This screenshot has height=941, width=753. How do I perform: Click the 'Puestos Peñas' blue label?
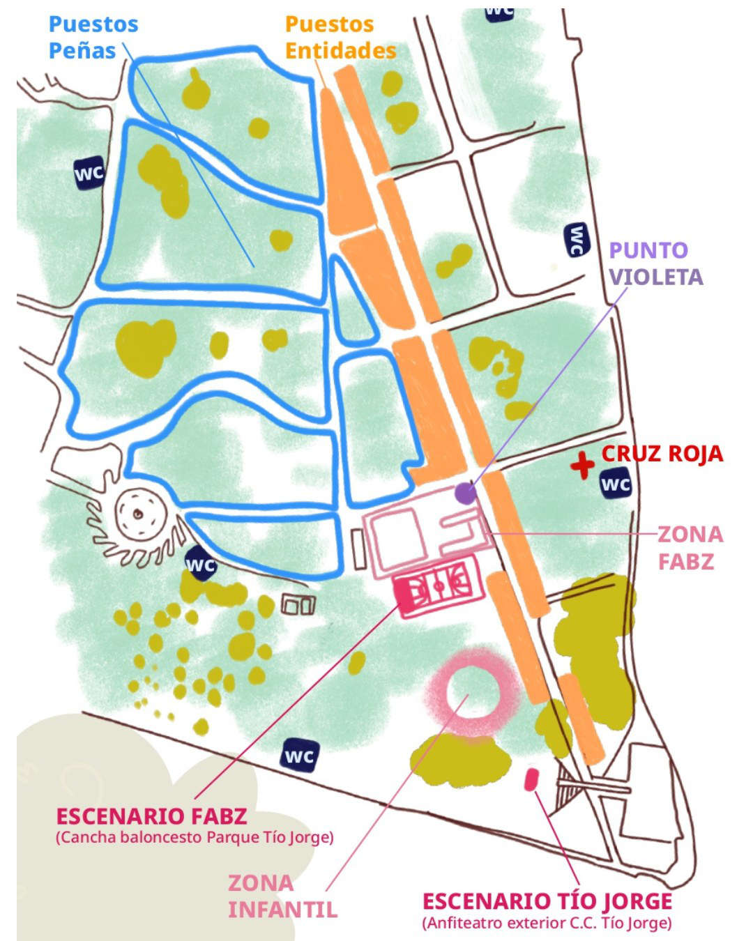click(x=93, y=38)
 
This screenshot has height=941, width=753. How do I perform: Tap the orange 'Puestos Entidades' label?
click(x=340, y=38)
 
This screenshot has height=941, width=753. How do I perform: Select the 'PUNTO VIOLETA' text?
click(x=655, y=263)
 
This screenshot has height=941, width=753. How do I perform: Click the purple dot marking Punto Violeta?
click(x=465, y=493)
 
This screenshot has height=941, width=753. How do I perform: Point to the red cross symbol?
click(x=581, y=465)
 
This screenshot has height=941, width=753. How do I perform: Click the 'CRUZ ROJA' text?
click(x=662, y=454)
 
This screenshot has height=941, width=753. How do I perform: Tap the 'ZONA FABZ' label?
click(x=690, y=548)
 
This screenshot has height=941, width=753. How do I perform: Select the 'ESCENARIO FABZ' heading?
click(x=151, y=816)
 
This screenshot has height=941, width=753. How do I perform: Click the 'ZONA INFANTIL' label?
click(x=282, y=896)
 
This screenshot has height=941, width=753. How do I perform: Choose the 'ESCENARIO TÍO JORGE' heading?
click(x=547, y=901)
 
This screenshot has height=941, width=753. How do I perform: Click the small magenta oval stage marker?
click(x=531, y=779)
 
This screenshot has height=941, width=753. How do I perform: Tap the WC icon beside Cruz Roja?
click(x=616, y=484)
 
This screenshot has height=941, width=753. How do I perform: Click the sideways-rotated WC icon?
click(x=577, y=240)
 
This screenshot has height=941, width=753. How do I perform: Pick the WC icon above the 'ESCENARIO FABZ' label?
click(x=300, y=755)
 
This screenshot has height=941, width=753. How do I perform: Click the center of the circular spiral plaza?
click(x=138, y=514)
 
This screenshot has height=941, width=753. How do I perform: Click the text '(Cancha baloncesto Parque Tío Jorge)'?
click(x=194, y=837)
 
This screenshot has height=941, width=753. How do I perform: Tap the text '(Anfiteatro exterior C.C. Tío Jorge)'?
click(x=547, y=924)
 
